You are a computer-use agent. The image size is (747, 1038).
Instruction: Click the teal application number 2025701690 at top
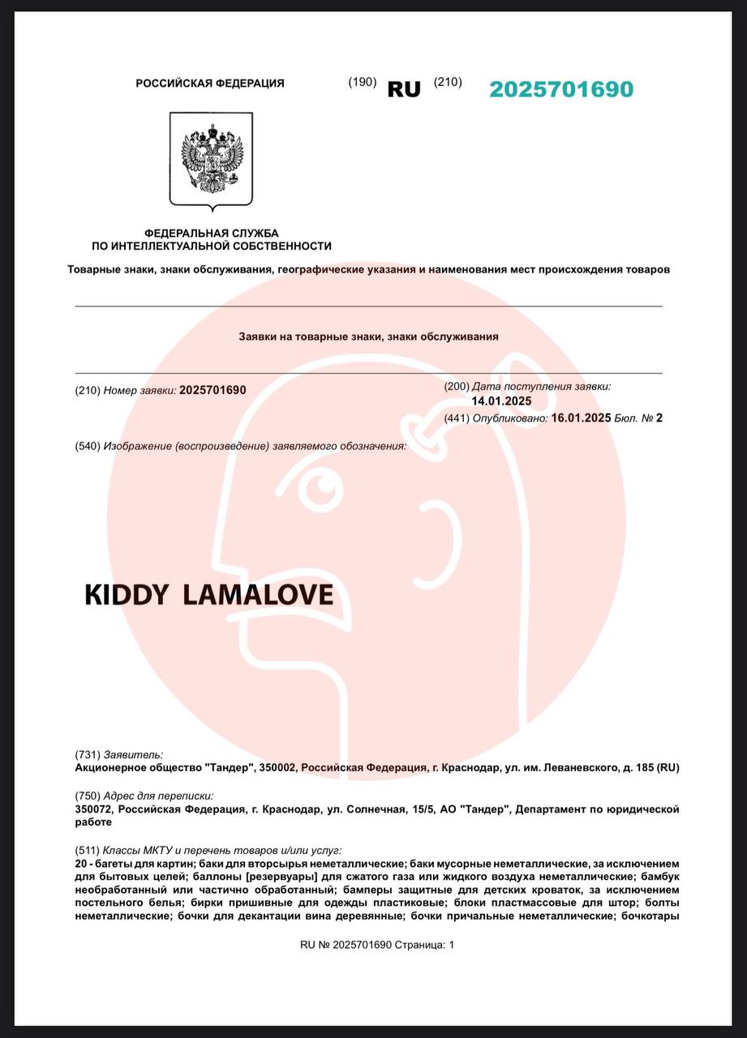[x=560, y=89]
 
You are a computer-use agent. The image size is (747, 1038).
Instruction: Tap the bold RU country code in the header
[x=404, y=89]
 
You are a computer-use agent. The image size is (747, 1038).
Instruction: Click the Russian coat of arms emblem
[x=211, y=160]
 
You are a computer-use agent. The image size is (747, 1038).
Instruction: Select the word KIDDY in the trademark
[x=126, y=595]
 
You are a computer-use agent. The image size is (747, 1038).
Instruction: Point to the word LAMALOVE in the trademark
[x=258, y=595]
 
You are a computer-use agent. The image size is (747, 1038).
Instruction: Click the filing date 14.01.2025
[x=501, y=401]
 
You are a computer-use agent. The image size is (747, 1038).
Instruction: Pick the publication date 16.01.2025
[x=581, y=418]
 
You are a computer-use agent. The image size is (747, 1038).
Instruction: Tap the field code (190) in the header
[x=362, y=82]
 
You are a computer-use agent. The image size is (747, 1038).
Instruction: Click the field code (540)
[x=87, y=446]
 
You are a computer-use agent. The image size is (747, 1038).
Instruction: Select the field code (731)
[x=87, y=754]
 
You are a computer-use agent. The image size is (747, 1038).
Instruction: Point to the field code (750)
[x=87, y=796]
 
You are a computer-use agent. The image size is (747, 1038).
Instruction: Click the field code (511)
[x=87, y=851]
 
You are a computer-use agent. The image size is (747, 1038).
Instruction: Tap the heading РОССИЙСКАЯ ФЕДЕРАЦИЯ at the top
[x=210, y=84]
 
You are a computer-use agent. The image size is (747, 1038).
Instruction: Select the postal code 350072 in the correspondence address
[x=93, y=809]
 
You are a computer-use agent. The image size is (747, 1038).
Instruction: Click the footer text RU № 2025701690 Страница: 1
[x=377, y=945]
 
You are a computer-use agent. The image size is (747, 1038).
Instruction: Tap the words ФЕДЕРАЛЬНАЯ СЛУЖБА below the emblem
[x=211, y=234]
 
